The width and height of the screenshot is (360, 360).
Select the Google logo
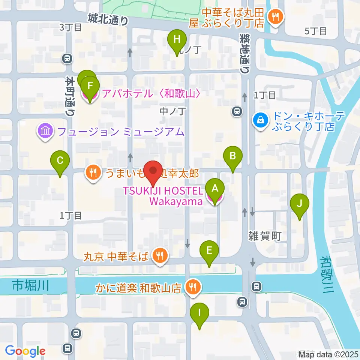coord(25,351)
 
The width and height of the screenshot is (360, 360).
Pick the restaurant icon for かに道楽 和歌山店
coord(193,288)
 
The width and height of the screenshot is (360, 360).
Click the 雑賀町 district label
coord(264,236)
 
